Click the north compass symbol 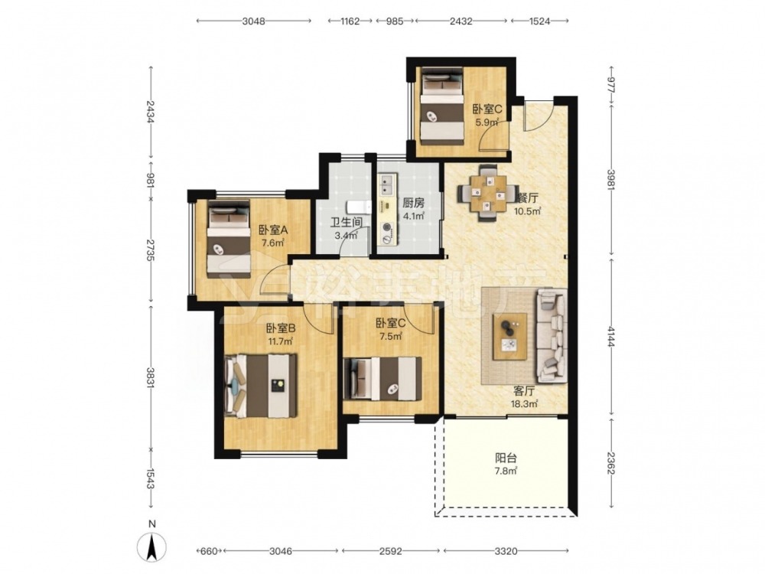point(152,542)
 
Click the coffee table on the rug point(509,336)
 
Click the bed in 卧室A point(229,239)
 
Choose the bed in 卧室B point(261,386)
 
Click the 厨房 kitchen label point(413,202)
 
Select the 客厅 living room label point(524,391)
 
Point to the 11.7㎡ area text point(281,341)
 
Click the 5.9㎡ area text point(487,122)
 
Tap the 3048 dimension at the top point(253,21)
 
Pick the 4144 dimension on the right point(610,336)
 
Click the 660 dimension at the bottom point(208,551)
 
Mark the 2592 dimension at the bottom point(390,551)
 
